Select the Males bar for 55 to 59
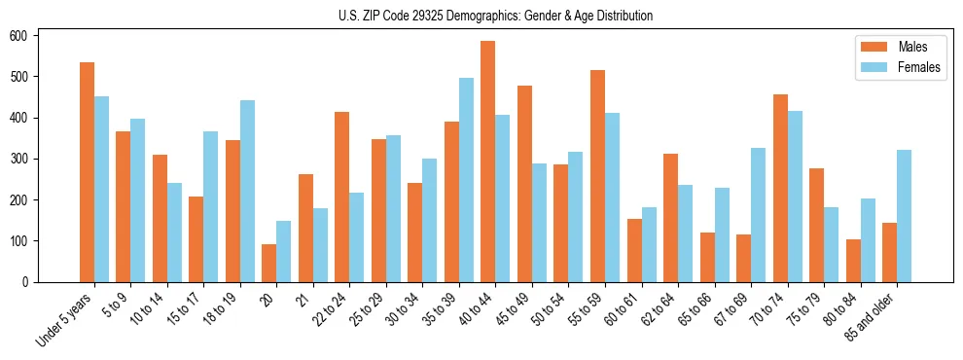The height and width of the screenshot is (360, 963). click(x=598, y=176)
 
